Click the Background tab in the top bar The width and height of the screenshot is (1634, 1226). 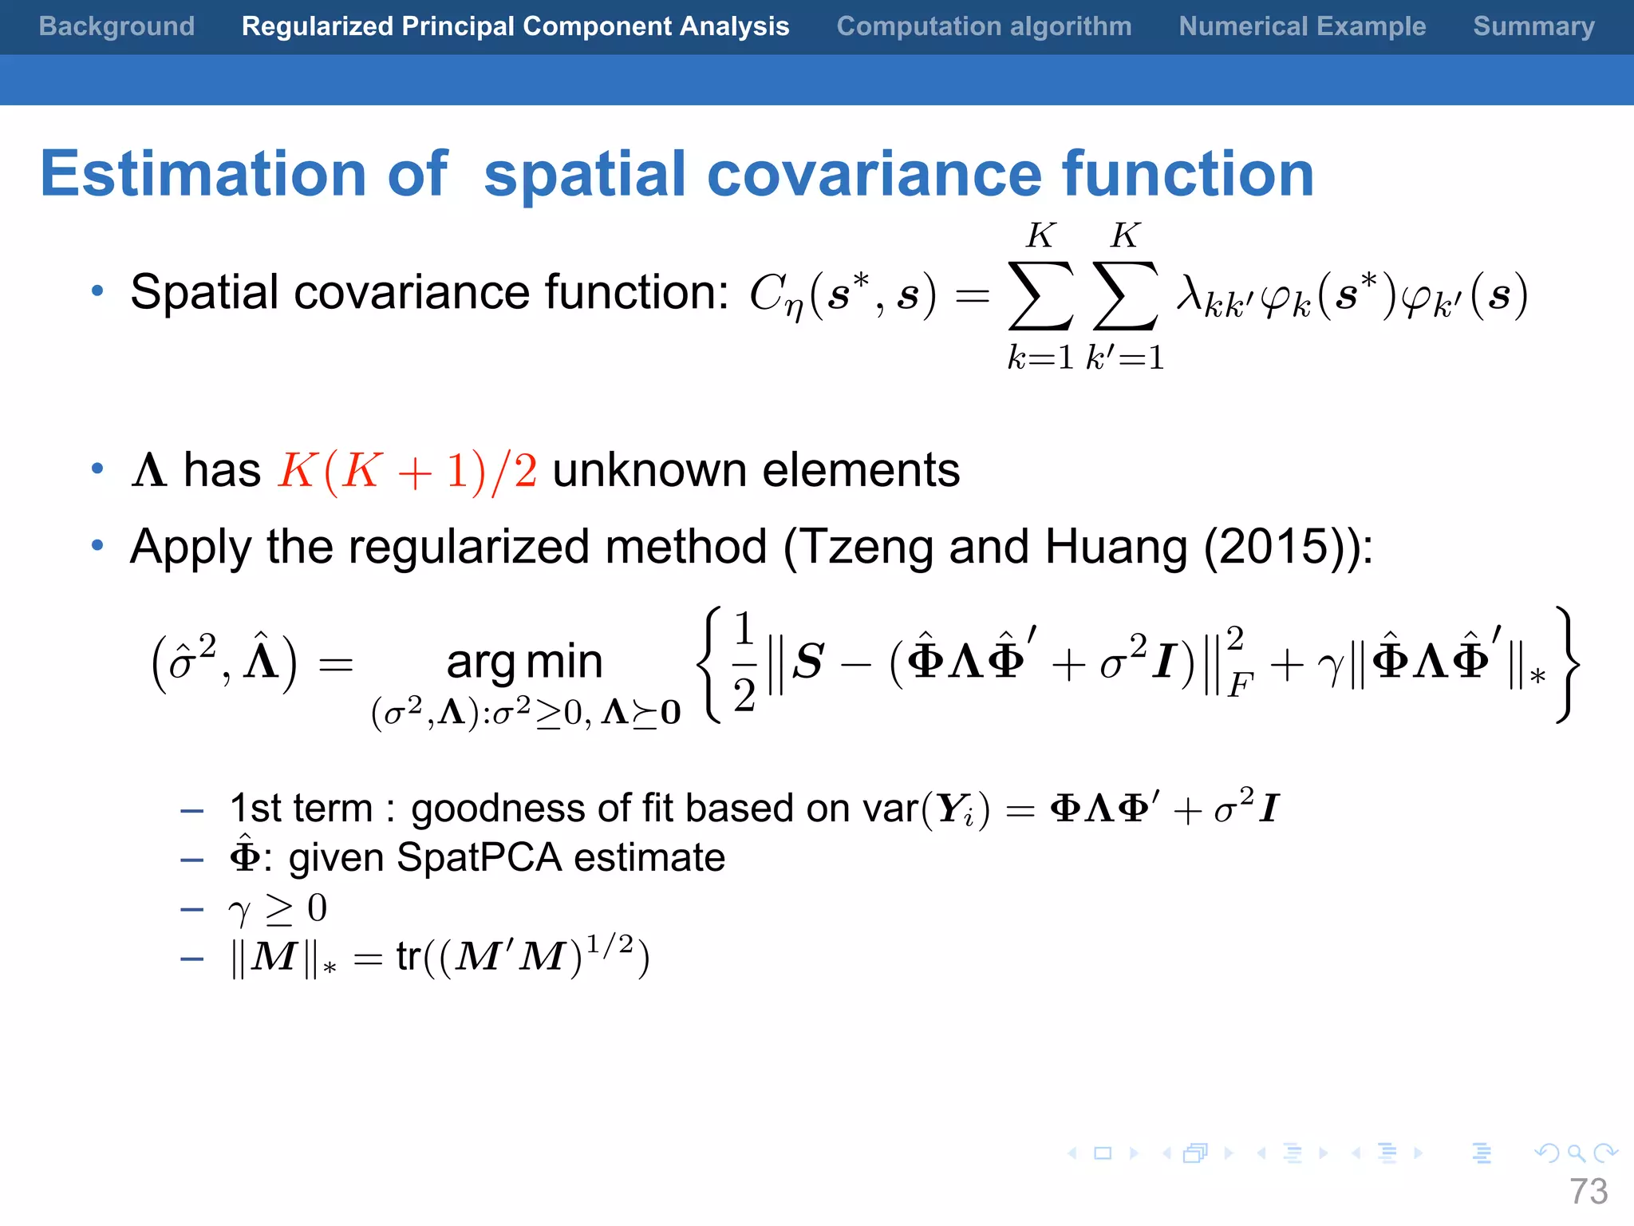(116, 26)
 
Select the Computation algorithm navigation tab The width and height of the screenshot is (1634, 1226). (984, 26)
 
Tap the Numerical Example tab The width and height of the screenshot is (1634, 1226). (1302, 26)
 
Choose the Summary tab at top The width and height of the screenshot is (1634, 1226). (1533, 26)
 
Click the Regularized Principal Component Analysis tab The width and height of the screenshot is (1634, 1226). (515, 26)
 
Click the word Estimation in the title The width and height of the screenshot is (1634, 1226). (203, 174)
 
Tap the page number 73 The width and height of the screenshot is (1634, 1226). (1589, 1192)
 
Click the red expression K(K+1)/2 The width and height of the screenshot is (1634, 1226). (407, 471)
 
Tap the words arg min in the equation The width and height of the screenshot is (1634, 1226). (524, 662)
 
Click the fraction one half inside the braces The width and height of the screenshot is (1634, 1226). (744, 662)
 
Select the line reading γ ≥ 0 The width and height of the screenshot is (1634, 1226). (278, 908)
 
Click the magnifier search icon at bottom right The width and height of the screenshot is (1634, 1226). (1576, 1153)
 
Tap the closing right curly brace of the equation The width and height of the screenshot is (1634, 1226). (1566, 664)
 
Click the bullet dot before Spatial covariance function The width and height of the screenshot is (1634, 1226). (97, 292)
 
